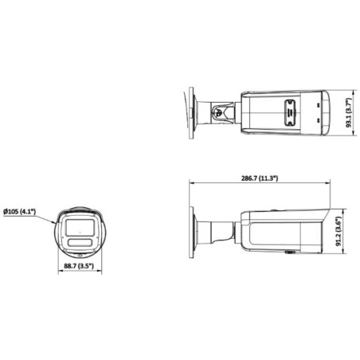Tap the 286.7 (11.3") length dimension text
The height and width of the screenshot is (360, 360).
pos(259,178)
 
